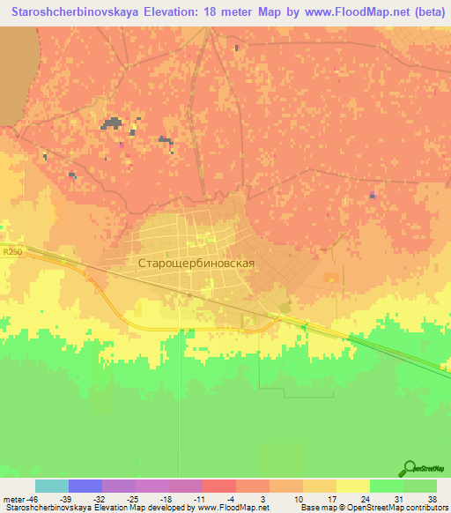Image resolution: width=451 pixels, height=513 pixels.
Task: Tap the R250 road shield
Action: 11,252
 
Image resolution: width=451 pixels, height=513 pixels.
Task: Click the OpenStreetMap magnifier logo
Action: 409,469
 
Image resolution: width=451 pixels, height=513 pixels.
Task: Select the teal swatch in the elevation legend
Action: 52,486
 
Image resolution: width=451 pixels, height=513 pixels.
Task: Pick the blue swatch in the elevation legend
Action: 85,486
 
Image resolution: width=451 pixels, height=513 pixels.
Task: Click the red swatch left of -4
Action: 219,486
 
